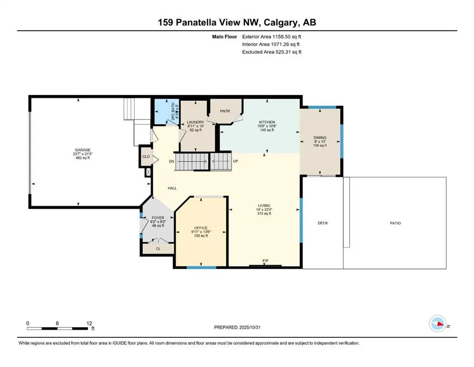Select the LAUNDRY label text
coord(196,122)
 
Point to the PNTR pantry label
coord(225,111)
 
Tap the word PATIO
coord(394,223)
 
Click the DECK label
coord(323,223)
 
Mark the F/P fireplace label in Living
coord(266,260)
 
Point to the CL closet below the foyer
coord(158,248)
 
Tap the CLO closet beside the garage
coord(145,156)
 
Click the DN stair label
coord(171,162)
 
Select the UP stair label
coord(235,162)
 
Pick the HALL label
coord(172,188)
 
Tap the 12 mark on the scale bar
coord(87,323)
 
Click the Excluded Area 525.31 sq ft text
coord(272,52)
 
